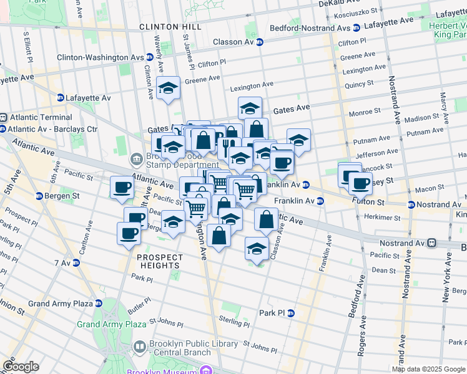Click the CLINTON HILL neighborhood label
tap(170, 27)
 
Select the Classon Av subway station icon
tap(259, 42)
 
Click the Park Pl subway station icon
tap(291, 313)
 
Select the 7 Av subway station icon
tap(77, 263)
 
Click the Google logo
tap(20, 367)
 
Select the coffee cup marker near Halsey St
tap(360, 183)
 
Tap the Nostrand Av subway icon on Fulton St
tap(411, 204)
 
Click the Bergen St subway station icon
tap(39, 196)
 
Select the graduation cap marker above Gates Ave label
tap(250, 108)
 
